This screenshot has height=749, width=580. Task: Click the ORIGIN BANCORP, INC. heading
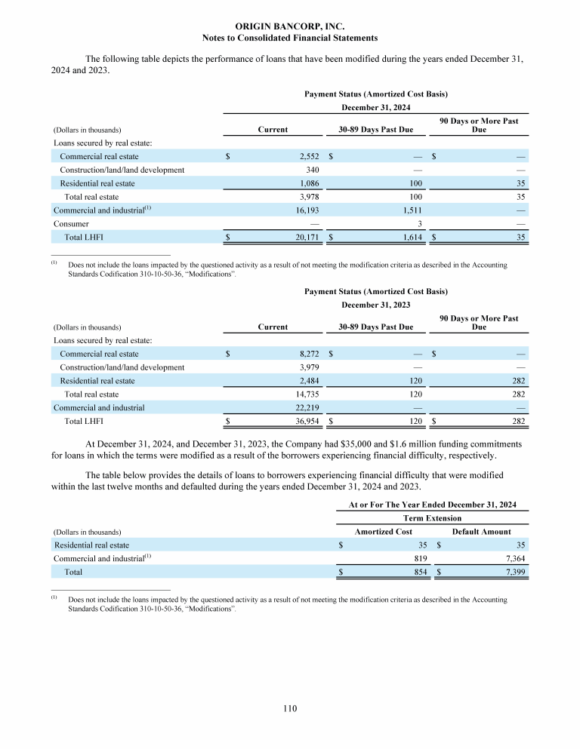[290, 26]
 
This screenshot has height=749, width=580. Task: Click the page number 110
[290, 708]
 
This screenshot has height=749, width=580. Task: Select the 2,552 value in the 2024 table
[310, 156]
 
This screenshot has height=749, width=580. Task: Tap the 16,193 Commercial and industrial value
[308, 210]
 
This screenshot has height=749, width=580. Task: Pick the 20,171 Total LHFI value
[308, 238]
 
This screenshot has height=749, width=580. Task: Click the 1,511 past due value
[409, 210]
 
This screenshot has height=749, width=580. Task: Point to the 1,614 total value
[409, 238]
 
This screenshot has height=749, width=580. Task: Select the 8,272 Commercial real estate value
[310, 354]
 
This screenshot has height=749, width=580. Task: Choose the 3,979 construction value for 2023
[310, 367]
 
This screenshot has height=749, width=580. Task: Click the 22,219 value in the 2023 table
[308, 408]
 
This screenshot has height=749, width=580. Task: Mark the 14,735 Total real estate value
[308, 394]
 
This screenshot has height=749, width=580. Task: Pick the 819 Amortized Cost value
[421, 559]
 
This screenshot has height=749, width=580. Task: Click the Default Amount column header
[481, 532]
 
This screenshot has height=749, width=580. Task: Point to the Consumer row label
[71, 224]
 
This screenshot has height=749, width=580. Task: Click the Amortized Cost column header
[383, 532]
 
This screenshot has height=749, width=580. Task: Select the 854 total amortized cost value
[421, 572]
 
